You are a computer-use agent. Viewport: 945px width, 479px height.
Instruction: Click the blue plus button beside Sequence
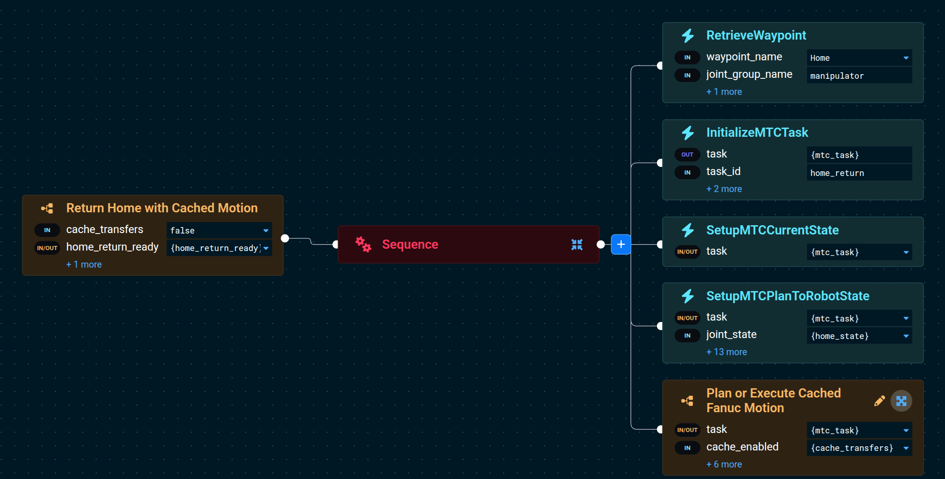[621, 244]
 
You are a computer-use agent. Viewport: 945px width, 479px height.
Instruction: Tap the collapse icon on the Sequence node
[577, 245]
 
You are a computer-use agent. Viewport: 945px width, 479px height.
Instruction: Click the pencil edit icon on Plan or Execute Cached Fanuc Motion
[879, 401]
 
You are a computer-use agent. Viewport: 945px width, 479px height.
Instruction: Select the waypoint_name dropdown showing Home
[859, 58]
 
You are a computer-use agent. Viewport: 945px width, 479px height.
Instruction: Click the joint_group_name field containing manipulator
[859, 76]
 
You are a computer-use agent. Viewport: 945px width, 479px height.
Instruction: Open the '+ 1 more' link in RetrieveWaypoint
[724, 92]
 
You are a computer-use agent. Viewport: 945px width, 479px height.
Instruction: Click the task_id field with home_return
[859, 173]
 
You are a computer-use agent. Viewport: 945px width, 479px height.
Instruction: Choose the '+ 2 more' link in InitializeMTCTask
[724, 189]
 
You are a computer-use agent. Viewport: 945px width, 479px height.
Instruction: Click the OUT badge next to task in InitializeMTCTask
[687, 155]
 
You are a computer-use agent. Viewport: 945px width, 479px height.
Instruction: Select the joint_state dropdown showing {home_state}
[859, 336]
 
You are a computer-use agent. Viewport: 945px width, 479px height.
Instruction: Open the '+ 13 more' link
[726, 352]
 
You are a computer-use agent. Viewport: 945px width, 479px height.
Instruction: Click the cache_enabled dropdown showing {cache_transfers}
[859, 448]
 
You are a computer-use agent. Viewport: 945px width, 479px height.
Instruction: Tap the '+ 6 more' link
[724, 464]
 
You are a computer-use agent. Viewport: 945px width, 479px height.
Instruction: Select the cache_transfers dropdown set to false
[219, 230]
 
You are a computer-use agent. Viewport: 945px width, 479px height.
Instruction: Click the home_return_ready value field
[219, 248]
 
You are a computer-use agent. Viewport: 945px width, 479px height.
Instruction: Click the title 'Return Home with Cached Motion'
[162, 208]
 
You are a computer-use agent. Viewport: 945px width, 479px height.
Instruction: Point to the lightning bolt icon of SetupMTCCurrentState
[688, 230]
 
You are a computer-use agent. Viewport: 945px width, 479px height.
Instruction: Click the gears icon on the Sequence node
[363, 244]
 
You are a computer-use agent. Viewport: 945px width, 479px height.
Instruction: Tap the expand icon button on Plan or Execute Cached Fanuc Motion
[901, 401]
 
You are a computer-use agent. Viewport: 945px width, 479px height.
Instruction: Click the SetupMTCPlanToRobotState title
[788, 296]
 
